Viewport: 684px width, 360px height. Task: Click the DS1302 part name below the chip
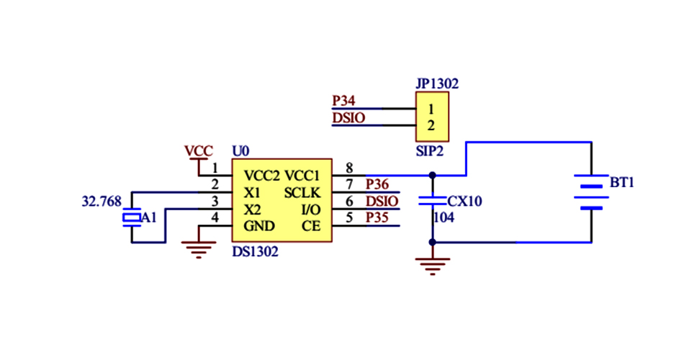click(255, 253)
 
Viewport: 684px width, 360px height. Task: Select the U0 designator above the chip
click(240, 151)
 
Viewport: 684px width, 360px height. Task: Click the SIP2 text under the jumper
click(429, 152)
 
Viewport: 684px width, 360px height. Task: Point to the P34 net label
click(343, 101)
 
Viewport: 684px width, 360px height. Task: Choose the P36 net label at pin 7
click(377, 185)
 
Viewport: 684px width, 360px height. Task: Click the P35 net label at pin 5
click(377, 217)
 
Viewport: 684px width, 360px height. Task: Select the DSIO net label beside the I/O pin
click(381, 201)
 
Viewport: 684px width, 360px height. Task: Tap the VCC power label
click(198, 151)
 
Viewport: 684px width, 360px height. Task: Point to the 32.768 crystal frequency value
click(101, 202)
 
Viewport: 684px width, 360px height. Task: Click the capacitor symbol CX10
click(432, 202)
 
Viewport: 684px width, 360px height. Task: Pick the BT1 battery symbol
click(591, 192)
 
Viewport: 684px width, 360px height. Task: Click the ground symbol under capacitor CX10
click(432, 266)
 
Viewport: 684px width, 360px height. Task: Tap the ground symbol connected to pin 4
click(198, 249)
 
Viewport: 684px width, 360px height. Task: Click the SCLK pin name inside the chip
click(302, 193)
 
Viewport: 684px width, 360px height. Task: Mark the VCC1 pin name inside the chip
click(303, 176)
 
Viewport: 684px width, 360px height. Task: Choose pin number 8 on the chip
click(349, 168)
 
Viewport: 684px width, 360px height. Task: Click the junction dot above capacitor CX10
click(432, 175)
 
